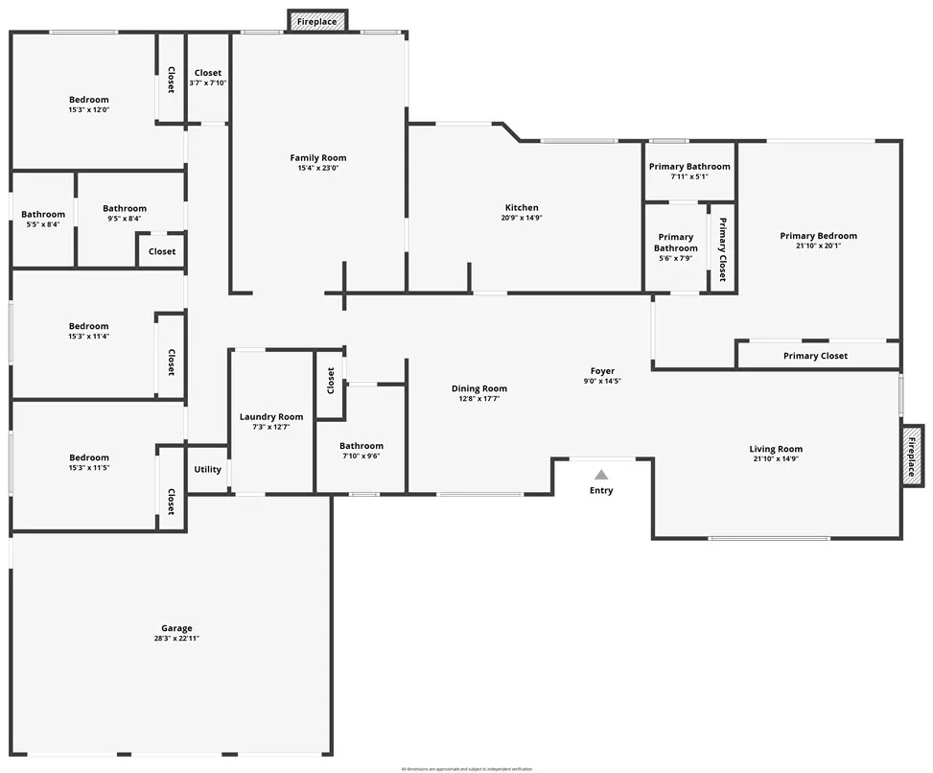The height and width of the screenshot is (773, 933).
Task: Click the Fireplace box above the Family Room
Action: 316,21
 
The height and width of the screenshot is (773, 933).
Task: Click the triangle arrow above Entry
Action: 601,474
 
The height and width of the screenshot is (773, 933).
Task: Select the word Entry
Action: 601,490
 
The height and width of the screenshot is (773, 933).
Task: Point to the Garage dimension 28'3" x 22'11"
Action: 176,639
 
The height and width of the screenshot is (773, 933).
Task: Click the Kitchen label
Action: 522,207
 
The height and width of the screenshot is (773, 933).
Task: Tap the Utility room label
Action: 207,470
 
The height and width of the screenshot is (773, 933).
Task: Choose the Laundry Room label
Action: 271,416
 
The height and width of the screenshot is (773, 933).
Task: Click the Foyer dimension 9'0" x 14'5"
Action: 602,382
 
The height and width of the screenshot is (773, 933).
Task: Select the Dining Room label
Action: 479,388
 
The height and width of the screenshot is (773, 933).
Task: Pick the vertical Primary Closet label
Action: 722,248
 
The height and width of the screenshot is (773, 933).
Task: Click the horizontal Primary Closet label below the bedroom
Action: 815,356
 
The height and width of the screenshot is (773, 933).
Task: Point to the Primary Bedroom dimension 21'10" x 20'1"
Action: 818,246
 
